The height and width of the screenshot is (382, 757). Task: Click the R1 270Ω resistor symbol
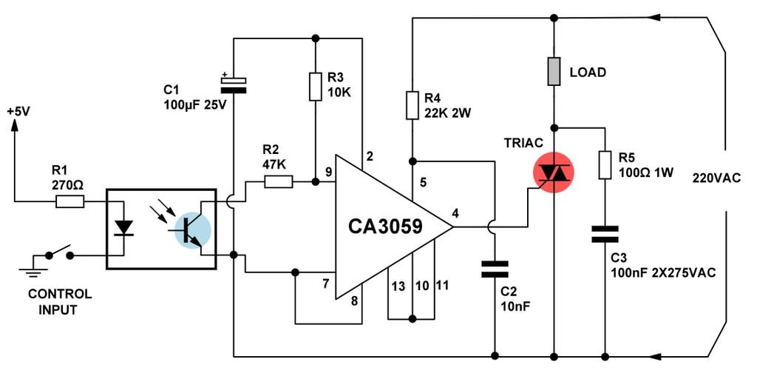pos(70,201)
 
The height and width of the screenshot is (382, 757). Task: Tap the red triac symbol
pos(554,172)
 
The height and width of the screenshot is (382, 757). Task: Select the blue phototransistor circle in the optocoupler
pos(193,230)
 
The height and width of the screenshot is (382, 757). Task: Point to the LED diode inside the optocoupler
pos(123,227)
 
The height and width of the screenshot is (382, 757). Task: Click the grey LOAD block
pos(554,72)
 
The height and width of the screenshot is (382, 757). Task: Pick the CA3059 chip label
pos(385,226)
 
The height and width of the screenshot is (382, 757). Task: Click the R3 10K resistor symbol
pos(315,87)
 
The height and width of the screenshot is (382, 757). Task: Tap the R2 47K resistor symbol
pos(279,182)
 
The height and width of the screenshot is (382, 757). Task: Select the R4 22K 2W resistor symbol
pos(412,105)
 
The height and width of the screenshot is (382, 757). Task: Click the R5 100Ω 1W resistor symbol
pos(605,165)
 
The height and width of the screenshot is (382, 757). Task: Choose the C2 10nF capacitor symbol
pos(495,269)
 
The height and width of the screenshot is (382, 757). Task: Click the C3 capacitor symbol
pos(605,234)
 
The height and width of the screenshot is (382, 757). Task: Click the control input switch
pos(59,252)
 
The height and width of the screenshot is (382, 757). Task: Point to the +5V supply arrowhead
pos(14,126)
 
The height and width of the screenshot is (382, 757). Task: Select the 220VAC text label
pos(716,178)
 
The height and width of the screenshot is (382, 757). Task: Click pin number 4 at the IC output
pos(455,213)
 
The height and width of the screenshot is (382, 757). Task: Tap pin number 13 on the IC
pos(398,286)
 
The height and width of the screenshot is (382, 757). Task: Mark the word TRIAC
pos(524,143)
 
